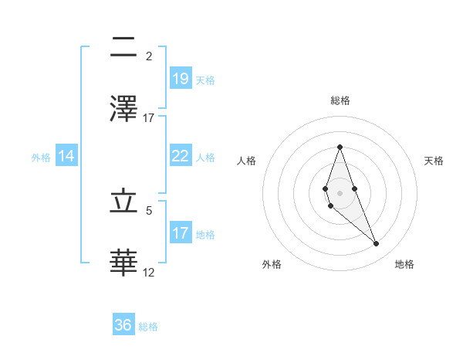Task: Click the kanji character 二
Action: (123, 48)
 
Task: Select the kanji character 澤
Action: (123, 108)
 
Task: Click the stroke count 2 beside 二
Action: (149, 56)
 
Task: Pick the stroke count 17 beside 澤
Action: (149, 117)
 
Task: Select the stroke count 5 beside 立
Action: (149, 209)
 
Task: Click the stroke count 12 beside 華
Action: (149, 272)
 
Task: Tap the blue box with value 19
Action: (180, 78)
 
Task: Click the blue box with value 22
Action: (180, 156)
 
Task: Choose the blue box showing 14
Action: (66, 156)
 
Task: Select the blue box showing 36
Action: (123, 325)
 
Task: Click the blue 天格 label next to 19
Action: (205, 80)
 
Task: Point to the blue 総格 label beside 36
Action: (149, 327)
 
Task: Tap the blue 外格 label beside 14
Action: (41, 158)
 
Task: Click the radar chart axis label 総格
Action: (340, 100)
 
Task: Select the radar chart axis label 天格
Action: (434, 161)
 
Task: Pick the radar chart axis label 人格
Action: (247, 161)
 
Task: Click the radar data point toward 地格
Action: (377, 244)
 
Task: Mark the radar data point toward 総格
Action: (340, 147)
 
